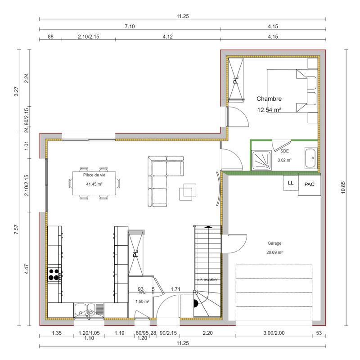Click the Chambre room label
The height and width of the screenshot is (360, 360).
click(269, 99)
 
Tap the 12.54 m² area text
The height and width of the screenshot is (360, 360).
click(269, 110)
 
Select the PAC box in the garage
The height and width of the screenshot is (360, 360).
click(309, 184)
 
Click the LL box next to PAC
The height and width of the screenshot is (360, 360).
click(290, 183)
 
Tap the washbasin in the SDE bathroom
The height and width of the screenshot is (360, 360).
click(311, 158)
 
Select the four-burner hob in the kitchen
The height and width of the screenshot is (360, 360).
click(55, 274)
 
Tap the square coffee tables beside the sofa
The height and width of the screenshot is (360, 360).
click(188, 191)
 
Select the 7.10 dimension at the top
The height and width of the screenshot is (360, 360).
click(129, 27)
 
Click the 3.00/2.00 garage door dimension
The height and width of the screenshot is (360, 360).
click(274, 333)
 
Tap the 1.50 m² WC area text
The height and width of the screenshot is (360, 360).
click(142, 301)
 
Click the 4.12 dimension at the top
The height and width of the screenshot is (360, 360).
click(167, 37)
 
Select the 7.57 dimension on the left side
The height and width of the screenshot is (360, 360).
click(16, 229)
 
